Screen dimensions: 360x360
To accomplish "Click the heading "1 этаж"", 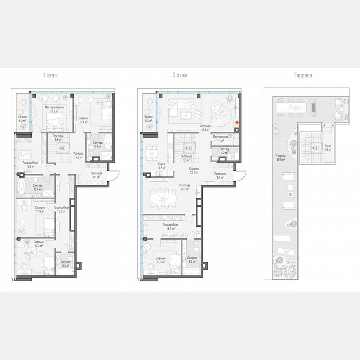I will point(50,75).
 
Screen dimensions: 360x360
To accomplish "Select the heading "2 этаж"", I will point(180,75).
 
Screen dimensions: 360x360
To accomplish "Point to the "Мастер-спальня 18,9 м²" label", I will point(54,109).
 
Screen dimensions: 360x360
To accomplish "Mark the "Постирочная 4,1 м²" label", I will point(220,139).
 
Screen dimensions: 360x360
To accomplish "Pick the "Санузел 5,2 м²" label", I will point(65,264).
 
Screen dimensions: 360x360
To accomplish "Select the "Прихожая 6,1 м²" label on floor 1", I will point(97,175).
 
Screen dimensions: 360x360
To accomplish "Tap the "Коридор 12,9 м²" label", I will point(78,155).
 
